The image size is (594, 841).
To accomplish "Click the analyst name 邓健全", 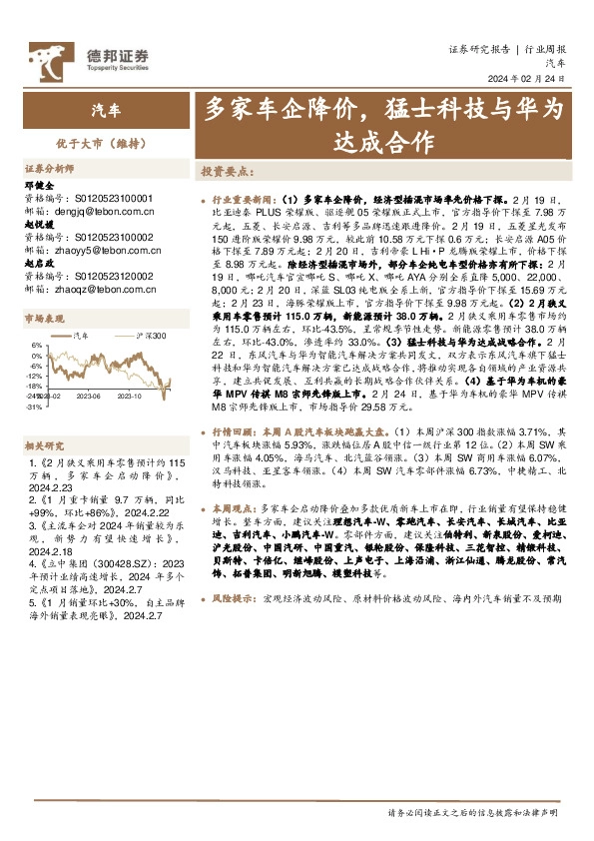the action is (x=37, y=185).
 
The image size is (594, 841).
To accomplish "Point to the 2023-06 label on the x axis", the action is (x=89, y=395).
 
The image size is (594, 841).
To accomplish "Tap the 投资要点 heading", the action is (x=226, y=171).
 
